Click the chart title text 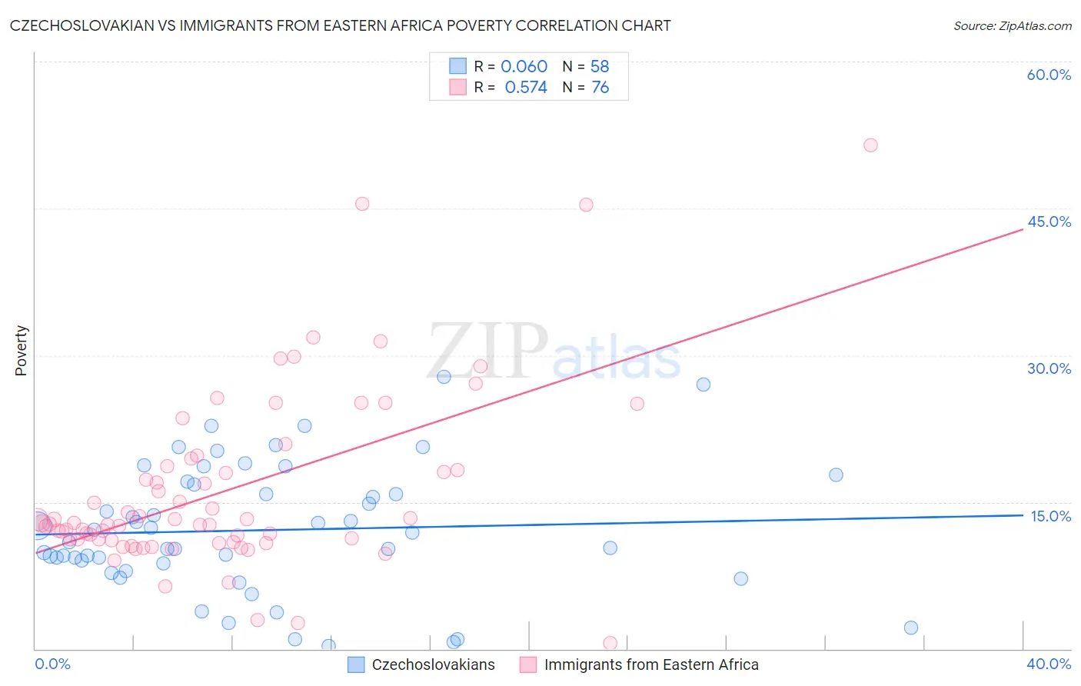coord(340,25)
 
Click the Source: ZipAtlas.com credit coord(1012,25)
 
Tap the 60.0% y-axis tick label coord(1049,75)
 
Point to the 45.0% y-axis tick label coord(1049,221)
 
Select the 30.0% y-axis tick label coord(1049,368)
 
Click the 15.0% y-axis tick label coord(1050,516)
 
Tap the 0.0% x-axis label coord(52,664)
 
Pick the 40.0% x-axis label coord(1049,664)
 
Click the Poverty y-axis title coord(21,351)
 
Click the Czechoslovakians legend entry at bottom coord(433,664)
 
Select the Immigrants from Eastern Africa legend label coord(650,664)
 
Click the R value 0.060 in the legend coord(524,67)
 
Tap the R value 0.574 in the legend coord(526,88)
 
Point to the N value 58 coord(600,67)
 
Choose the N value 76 coord(600,88)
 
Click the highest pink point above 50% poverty coord(870,145)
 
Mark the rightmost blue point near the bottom coord(911,628)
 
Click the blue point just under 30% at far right coord(703,385)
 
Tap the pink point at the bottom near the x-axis coord(610,643)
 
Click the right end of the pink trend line coord(1023,229)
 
